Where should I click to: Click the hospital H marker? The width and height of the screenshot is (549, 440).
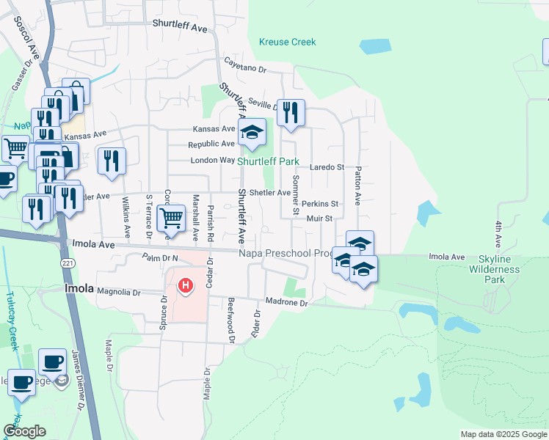(x=186, y=285)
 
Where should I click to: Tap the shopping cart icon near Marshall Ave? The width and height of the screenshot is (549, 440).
(x=171, y=218)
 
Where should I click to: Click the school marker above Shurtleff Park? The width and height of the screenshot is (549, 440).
(x=252, y=133)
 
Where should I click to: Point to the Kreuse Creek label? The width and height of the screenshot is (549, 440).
(x=288, y=43)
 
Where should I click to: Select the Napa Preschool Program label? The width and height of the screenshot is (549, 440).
(x=286, y=253)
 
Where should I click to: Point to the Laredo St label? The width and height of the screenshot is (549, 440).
(x=329, y=167)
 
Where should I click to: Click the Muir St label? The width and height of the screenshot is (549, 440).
(x=320, y=218)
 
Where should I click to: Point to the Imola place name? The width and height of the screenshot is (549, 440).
(x=79, y=288)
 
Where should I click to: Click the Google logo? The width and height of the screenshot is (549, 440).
(x=24, y=431)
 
